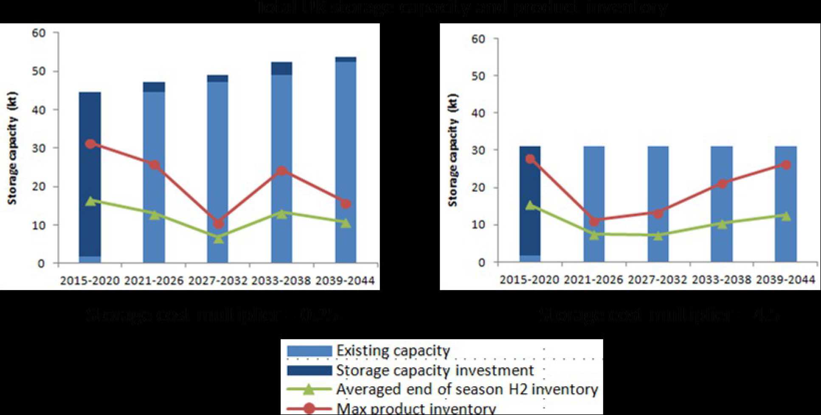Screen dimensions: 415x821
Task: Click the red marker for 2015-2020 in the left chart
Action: tap(90, 144)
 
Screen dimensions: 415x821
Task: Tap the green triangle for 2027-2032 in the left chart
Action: tap(218, 239)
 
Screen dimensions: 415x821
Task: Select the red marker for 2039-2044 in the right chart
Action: tap(786, 165)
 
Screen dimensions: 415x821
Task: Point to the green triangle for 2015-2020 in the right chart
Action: tap(530, 205)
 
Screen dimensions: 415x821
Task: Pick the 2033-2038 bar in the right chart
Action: tap(722, 204)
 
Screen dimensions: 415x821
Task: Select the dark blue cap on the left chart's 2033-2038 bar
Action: tap(281, 68)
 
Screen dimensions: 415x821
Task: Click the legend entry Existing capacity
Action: tap(393, 351)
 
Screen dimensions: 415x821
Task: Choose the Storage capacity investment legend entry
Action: tap(435, 370)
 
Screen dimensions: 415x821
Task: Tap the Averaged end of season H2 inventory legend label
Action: tap(467, 389)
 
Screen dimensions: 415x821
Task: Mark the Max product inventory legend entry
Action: tap(416, 408)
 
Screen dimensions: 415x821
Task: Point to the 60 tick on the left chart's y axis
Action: tap(39, 33)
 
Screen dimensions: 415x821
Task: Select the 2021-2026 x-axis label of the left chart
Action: tap(154, 281)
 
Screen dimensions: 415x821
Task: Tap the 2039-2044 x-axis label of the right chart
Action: tap(786, 279)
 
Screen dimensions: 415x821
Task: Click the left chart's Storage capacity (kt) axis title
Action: tap(13, 148)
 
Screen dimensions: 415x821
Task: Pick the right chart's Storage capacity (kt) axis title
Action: tap(453, 150)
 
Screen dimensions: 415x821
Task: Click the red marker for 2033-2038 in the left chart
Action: tap(281, 171)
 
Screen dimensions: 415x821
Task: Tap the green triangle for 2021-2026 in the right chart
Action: tap(594, 234)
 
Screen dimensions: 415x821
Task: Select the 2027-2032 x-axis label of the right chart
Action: tap(658, 279)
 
